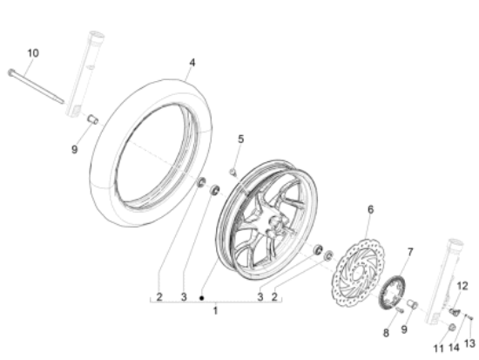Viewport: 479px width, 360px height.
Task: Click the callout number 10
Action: (x=33, y=53)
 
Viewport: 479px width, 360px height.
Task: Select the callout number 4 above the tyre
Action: (x=192, y=63)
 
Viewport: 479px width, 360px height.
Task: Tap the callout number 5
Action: (x=240, y=139)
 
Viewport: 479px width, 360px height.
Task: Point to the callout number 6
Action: (x=370, y=210)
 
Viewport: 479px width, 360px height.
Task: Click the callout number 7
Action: (x=410, y=252)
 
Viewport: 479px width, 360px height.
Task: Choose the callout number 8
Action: (x=386, y=333)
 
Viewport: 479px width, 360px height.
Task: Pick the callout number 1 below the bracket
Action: (x=215, y=311)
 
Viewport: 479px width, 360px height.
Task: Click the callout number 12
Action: (x=462, y=286)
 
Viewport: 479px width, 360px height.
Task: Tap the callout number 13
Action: (x=469, y=343)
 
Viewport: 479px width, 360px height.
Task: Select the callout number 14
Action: (x=454, y=348)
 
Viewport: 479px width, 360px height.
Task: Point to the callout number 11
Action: (x=438, y=349)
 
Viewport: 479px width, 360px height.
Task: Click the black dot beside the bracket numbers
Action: (x=202, y=297)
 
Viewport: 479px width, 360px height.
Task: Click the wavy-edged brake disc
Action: (x=358, y=273)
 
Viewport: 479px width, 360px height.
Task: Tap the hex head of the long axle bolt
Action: (x=10, y=72)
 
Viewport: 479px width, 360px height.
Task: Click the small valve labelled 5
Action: (x=233, y=173)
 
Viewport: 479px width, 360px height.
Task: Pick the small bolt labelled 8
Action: (x=400, y=310)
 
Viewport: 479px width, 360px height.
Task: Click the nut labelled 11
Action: (x=451, y=328)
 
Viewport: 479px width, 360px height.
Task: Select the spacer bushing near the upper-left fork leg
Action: (x=93, y=119)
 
